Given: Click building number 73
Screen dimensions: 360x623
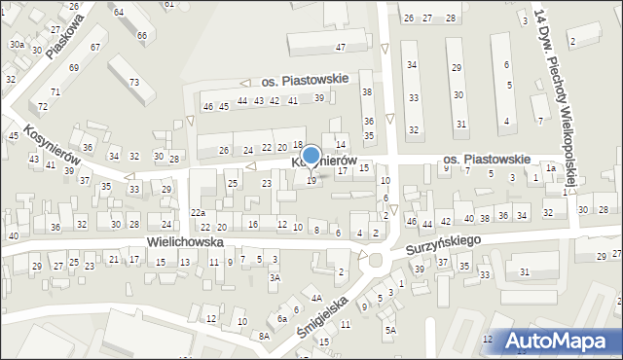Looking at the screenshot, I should point(134,82).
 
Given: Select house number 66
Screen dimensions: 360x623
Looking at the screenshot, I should point(142,36).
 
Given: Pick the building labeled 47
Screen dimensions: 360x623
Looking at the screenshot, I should point(341,47).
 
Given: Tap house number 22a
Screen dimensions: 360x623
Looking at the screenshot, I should point(199,213).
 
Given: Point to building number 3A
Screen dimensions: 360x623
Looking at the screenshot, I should point(275,278).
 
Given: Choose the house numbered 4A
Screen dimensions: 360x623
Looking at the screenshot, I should point(316,298).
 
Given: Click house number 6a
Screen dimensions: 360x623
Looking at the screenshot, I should point(282,318).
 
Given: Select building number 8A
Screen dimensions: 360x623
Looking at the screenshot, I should point(264,336).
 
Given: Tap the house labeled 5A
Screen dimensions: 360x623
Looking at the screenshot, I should point(390,330).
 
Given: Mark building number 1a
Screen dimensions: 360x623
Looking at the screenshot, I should point(551,168).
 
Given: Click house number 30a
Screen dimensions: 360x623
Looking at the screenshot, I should point(18,45).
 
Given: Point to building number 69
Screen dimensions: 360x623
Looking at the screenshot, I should point(74,67).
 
